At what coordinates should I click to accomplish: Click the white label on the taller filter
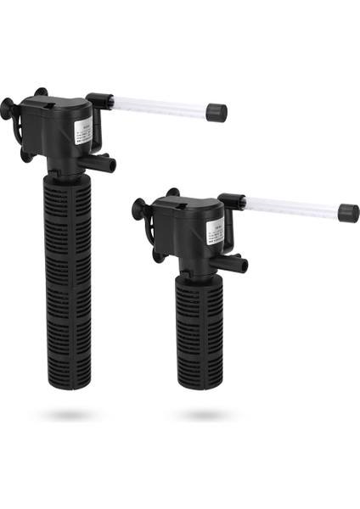click(82, 131)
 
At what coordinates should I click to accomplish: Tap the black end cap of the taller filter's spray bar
click(216, 112)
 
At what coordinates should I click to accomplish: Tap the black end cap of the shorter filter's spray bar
click(348, 213)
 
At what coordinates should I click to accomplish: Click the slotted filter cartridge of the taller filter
click(67, 271)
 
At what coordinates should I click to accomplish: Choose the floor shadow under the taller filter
click(68, 415)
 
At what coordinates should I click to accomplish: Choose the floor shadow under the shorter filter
click(201, 415)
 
